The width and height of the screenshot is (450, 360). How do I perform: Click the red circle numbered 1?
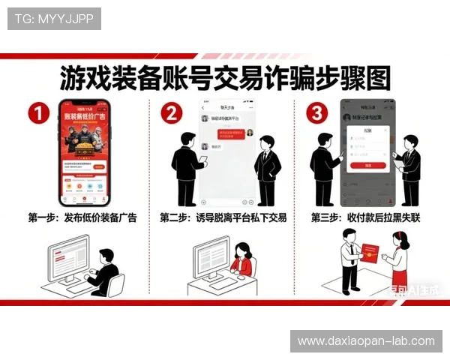pyautogui.click(x=38, y=114)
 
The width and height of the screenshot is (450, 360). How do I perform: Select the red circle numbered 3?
pyautogui.click(x=318, y=114)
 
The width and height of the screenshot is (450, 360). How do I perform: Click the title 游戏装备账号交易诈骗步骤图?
pyautogui.click(x=225, y=78)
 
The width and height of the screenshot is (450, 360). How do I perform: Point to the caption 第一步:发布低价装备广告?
pyautogui.click(x=82, y=217)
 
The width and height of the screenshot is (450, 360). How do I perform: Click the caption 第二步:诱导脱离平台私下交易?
pyautogui.click(x=224, y=217)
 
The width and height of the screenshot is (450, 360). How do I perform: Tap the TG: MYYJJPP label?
pyautogui.click(x=54, y=19)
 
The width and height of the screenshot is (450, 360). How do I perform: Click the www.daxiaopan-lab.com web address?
pyautogui.click(x=366, y=341)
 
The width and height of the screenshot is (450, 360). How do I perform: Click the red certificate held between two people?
pyautogui.click(x=373, y=255)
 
